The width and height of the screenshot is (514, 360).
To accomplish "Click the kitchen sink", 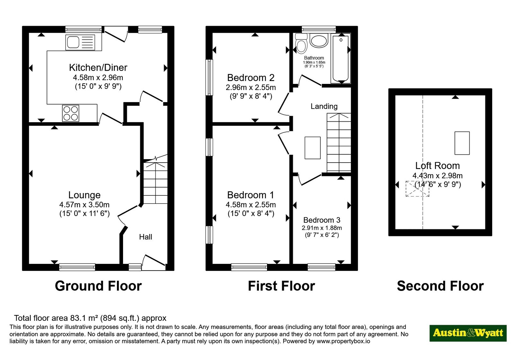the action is coord(80,42).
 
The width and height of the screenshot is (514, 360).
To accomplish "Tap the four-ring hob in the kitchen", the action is coord(71,113).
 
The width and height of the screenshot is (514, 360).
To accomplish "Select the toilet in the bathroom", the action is coord(301,44).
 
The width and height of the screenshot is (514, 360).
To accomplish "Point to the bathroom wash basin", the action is coord(319,40).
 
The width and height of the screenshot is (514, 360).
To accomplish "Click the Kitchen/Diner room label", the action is coord(98,67).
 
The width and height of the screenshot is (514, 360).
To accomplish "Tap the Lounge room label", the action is coord(84,195).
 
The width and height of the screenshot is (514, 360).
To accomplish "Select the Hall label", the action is coord(146,237).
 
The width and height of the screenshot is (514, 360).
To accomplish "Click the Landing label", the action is coord(324,106).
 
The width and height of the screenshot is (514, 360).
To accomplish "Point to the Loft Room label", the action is coord(437,166).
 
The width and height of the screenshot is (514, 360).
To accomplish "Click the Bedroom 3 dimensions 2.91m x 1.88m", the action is coord(322,228).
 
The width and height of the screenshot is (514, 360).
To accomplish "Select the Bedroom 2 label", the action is coord(251,77).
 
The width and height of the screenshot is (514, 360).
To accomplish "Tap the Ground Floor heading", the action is coord(98,286).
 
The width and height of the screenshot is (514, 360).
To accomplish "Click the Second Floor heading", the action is coord(440,286).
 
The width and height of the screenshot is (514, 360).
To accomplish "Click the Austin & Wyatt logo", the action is coord(468,333).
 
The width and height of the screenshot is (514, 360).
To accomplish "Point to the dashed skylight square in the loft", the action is coord(417,189).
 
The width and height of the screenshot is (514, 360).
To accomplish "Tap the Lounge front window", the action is coord(77,267).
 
